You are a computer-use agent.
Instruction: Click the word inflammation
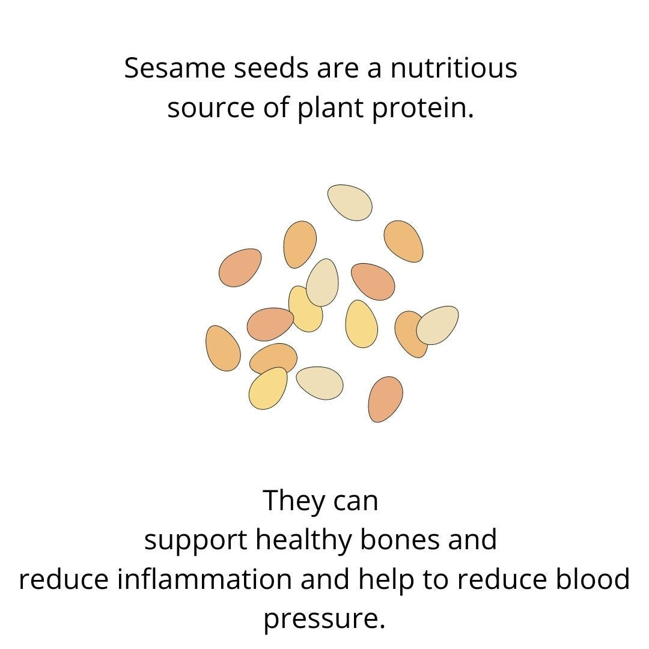(204, 579)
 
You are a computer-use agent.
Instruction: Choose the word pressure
(324, 619)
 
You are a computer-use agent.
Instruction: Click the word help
(386, 580)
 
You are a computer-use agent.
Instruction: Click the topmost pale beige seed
(350, 203)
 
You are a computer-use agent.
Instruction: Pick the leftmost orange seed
(223, 348)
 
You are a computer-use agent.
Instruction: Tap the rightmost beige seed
(437, 325)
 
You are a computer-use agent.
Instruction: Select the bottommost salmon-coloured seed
(385, 399)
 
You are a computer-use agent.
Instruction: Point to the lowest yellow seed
(268, 388)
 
